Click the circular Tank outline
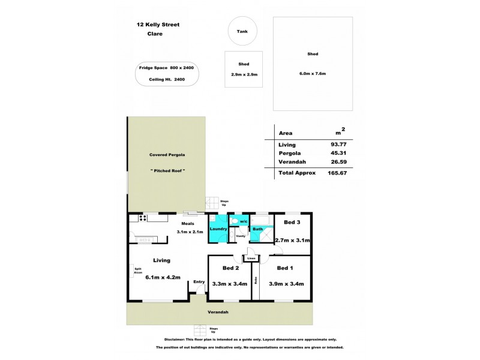pyautogui.click(x=242, y=31)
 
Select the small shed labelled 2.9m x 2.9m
pyautogui.click(x=244, y=69)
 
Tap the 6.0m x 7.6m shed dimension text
pyautogui.click(x=312, y=73)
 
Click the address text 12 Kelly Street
pyautogui.click(x=158, y=25)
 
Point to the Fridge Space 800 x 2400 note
pyautogui.click(x=166, y=68)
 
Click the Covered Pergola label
pyautogui.click(x=167, y=155)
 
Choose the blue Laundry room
pyautogui.click(x=218, y=229)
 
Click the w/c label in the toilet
pyautogui.click(x=244, y=221)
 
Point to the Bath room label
pyautogui.click(x=257, y=229)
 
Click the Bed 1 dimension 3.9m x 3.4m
pyautogui.click(x=286, y=284)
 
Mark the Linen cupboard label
pyautogui.click(x=251, y=259)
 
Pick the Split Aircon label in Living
pyautogui.click(x=137, y=271)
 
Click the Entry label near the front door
pyautogui.click(x=199, y=281)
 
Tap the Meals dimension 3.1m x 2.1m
pyautogui.click(x=190, y=232)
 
